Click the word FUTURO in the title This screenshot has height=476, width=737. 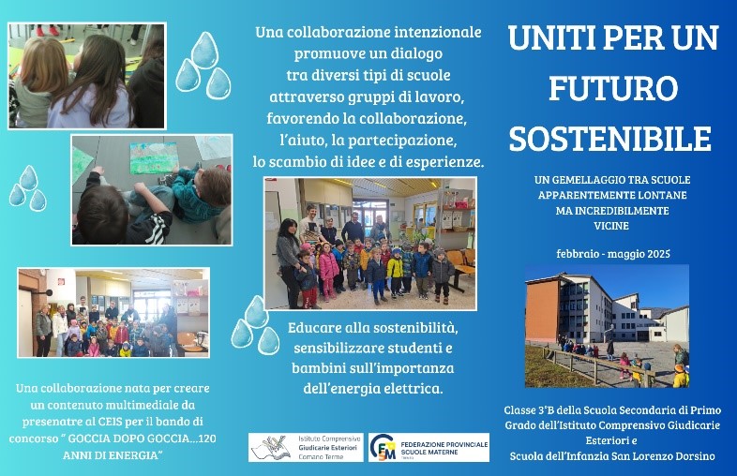pos(613,88)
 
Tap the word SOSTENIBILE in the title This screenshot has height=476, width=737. pos(610,138)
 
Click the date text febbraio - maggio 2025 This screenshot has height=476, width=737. pos(613,254)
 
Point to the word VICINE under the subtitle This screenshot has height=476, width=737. pos(611,226)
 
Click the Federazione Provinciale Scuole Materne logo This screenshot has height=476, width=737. pos(429,447)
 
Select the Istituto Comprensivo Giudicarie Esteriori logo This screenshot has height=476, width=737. pos(306,447)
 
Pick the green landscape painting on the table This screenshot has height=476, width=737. pos(153,157)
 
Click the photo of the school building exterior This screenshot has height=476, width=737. pos(607,326)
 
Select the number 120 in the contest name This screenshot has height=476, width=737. pos(207,439)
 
